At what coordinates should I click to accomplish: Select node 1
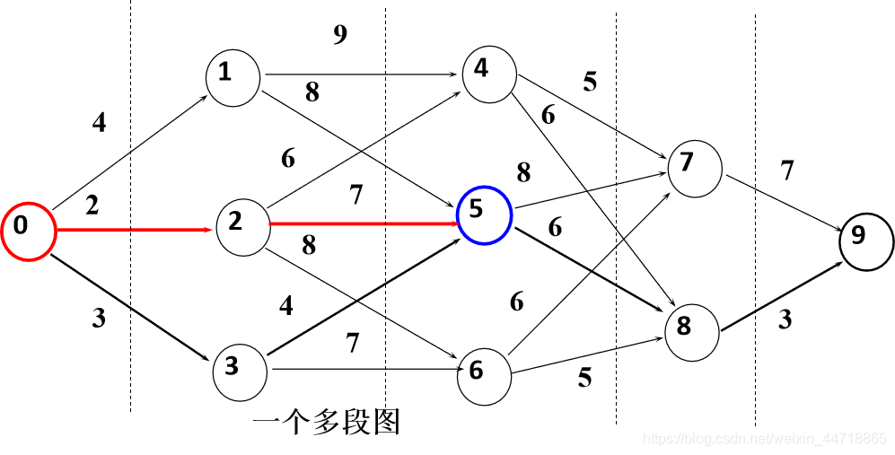232,74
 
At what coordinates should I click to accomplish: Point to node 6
483,370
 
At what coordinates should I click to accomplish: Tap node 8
691,328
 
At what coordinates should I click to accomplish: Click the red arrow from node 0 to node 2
135,231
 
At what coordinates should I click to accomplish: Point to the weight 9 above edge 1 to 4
339,35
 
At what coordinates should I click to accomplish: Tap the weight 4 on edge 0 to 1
99,123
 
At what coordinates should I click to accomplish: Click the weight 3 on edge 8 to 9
785,319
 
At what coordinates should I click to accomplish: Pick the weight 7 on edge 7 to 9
787,170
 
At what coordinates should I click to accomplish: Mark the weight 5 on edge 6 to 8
584,378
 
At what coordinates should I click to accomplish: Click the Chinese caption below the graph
326,422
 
